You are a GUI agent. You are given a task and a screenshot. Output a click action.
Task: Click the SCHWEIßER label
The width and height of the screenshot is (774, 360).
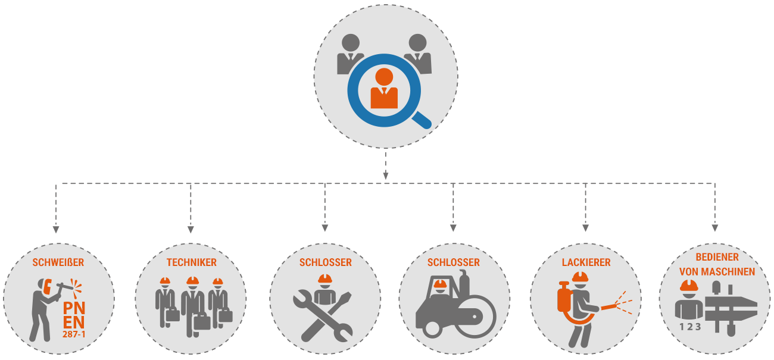tap(58, 262)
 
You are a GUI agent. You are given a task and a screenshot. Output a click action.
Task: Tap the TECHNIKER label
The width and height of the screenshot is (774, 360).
tap(192, 262)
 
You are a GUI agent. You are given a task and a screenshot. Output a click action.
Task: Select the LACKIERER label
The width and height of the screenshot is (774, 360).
tap(586, 262)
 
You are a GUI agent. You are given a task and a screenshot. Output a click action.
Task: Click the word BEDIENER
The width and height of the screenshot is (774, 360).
tap(717, 257)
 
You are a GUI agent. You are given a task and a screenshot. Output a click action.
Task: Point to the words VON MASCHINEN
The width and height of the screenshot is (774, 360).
tap(717, 272)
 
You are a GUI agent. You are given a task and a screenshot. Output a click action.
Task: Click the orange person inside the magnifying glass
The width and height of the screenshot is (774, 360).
tap(384, 88)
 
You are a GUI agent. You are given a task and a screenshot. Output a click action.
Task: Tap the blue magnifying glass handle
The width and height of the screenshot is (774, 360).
tap(422, 121)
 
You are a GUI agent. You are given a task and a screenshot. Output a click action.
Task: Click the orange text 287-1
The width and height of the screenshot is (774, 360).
tap(74, 334)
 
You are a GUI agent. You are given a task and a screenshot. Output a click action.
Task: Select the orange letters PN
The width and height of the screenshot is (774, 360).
tap(74, 308)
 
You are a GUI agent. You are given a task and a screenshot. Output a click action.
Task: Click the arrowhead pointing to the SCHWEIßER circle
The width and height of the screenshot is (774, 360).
tap(56, 230)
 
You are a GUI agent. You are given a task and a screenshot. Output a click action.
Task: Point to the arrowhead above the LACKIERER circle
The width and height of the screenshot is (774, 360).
tap(585, 228)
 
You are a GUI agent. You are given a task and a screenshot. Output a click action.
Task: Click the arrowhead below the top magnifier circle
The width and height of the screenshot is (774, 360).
tap(386, 176)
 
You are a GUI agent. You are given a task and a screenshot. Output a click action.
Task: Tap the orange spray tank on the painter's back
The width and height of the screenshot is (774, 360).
tap(564, 297)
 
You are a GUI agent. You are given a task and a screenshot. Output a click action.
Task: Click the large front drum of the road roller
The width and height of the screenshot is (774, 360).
tap(475, 317)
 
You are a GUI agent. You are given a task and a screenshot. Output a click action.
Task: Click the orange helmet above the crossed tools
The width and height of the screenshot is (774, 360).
tap(325, 278)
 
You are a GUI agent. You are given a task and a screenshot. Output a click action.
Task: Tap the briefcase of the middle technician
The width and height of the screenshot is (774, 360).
tap(202, 322)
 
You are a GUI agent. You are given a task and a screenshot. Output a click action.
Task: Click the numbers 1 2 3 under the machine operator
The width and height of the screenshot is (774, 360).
tap(690, 327)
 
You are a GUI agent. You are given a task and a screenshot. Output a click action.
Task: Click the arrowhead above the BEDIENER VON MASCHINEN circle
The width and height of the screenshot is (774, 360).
tap(715, 228)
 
